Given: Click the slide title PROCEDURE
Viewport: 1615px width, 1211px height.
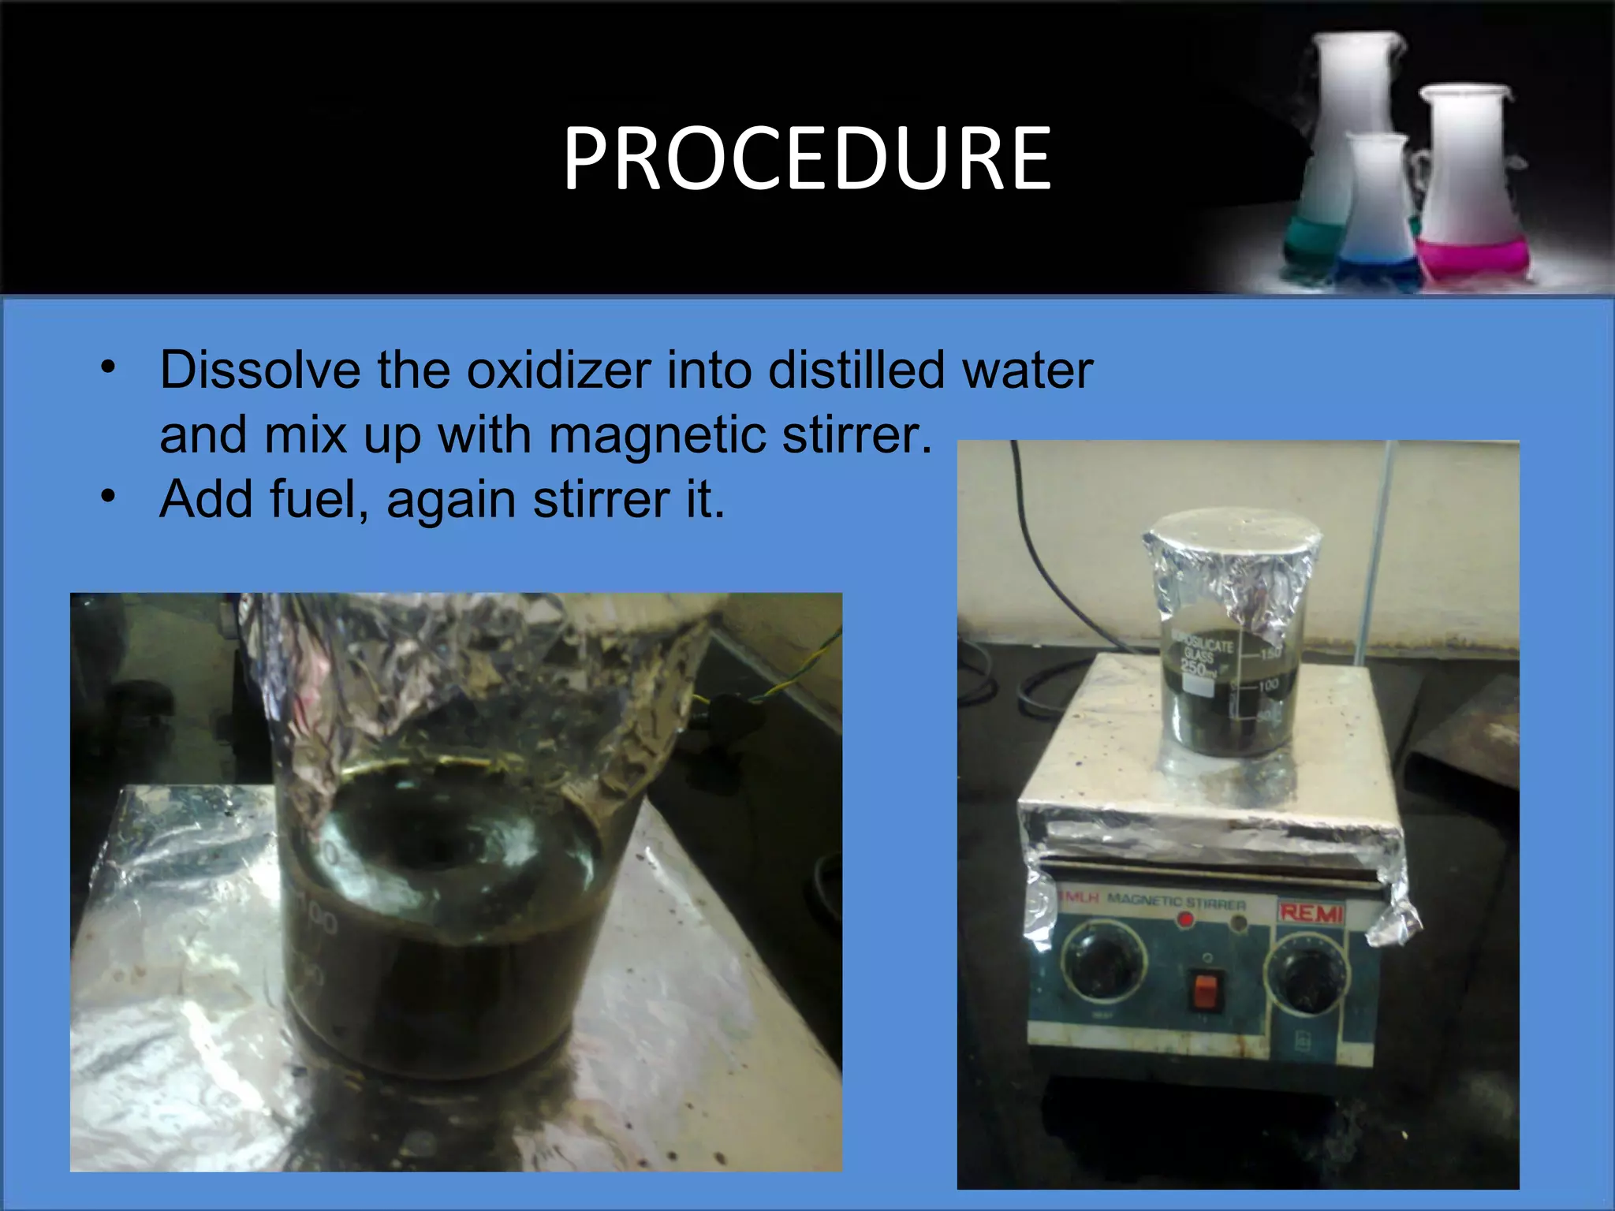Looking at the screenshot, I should [807, 160].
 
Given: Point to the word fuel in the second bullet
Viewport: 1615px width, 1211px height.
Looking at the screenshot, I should [313, 499].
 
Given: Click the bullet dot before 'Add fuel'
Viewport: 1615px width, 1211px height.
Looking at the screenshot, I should [108, 496].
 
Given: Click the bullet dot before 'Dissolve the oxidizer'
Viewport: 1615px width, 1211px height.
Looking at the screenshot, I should [108, 367].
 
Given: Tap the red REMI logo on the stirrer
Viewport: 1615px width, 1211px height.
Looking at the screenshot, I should [1310, 914].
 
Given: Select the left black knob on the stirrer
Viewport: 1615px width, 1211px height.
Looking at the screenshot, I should [1102, 963].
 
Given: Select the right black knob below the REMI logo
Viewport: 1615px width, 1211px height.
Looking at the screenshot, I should [1305, 978].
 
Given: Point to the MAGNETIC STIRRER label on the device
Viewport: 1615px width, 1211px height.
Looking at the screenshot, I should [1177, 901].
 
